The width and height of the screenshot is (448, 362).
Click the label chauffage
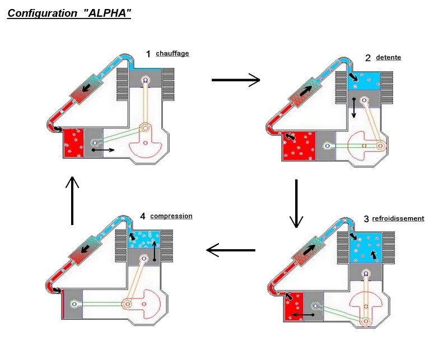point(172,54)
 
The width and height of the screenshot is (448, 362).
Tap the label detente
point(389,57)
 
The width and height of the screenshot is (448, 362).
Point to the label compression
point(171,216)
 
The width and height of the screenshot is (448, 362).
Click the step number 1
point(148,54)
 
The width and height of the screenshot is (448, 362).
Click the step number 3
point(366,219)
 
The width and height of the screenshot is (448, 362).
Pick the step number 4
point(143,217)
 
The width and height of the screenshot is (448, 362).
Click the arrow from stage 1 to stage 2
point(236,80)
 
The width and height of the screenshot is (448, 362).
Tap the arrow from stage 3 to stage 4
point(231,250)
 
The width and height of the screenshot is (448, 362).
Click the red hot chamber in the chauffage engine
point(73,143)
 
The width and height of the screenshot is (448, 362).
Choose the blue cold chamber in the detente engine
point(365,81)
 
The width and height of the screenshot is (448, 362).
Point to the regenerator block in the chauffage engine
point(88,88)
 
